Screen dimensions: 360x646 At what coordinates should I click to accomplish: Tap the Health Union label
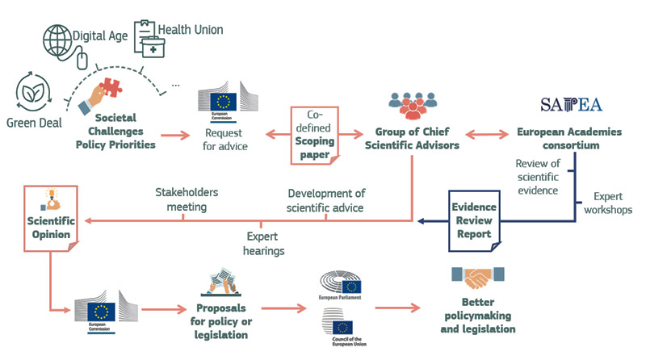point(191,30)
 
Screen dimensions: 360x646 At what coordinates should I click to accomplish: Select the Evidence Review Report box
point(474,216)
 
